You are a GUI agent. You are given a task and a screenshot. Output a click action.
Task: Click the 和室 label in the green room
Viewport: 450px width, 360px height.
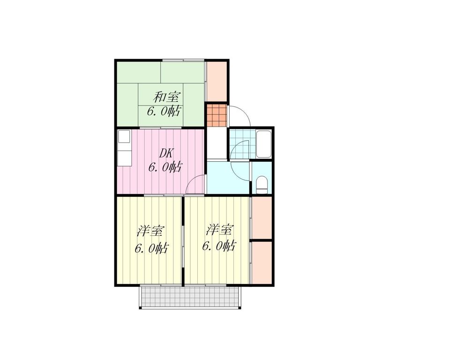click(166, 97)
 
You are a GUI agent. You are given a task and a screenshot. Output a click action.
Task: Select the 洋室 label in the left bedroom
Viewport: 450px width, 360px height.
click(151, 231)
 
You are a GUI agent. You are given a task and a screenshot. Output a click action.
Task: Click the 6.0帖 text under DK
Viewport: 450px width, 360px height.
click(165, 167)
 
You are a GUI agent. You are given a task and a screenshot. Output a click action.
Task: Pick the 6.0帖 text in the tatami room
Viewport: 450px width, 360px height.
click(164, 111)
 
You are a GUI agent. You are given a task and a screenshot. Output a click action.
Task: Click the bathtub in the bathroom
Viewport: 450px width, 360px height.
click(263, 144)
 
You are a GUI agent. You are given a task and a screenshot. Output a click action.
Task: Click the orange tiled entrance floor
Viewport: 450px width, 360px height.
click(217, 116)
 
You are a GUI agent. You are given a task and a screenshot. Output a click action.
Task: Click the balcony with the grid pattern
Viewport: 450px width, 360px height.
click(190, 297)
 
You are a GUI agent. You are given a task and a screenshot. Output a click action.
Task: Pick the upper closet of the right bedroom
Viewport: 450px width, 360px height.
click(262, 217)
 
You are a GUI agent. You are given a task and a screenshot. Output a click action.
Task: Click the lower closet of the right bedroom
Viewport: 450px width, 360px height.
click(262, 262)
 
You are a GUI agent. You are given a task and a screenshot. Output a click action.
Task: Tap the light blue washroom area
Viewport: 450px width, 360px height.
click(228, 178)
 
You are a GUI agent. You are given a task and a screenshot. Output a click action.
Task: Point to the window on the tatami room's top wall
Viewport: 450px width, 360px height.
click(183, 60)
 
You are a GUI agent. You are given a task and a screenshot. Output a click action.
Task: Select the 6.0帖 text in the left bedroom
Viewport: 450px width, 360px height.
click(151, 248)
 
